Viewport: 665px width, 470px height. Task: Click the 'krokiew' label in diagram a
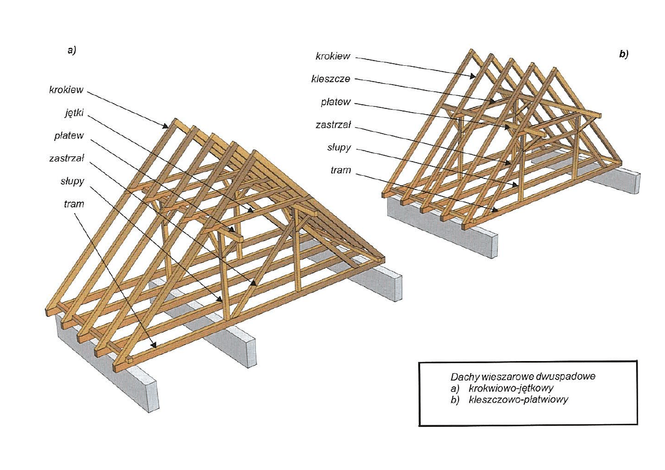[x=66, y=89]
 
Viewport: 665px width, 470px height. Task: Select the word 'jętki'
[x=74, y=113]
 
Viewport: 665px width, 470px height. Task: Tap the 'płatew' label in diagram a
[x=69, y=136]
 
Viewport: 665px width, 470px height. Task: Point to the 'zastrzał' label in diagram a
[x=66, y=158]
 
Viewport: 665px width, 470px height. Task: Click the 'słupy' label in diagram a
[x=72, y=181]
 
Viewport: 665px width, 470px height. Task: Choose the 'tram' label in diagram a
[x=74, y=204]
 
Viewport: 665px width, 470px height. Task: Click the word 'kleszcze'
[x=331, y=79]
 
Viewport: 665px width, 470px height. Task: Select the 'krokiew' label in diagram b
[x=333, y=56]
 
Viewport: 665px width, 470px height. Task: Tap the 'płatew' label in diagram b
[x=336, y=102]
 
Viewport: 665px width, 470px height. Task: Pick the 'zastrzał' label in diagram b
[x=333, y=125]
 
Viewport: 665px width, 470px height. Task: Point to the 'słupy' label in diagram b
[x=339, y=147]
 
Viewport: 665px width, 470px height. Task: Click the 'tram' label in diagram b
[x=341, y=171]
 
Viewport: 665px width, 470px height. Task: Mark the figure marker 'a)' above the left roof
[x=72, y=51]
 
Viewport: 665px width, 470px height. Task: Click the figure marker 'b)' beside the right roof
[x=624, y=54]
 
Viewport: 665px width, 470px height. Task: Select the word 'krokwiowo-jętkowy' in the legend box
[x=511, y=388]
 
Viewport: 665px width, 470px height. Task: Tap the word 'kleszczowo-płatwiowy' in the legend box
[x=518, y=399]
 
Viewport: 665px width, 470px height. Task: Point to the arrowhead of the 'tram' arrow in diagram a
[x=154, y=345]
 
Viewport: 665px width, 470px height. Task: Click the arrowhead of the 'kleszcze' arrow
[x=492, y=102]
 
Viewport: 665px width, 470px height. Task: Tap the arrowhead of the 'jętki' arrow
[x=251, y=211]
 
